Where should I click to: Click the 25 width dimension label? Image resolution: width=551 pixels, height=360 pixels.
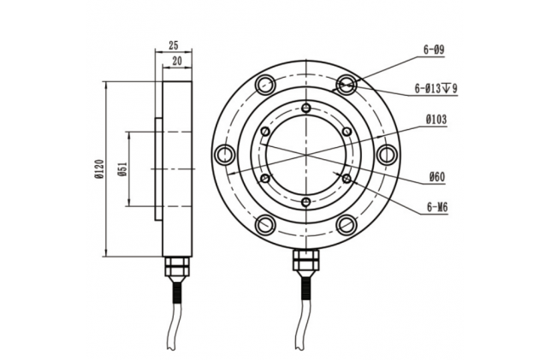point(174,45)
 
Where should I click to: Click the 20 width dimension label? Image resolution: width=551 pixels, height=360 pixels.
point(177,61)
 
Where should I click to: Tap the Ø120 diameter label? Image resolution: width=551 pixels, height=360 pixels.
point(99,169)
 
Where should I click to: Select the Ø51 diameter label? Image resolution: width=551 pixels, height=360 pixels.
point(122,169)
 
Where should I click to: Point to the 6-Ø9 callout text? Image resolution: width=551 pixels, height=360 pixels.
point(434,50)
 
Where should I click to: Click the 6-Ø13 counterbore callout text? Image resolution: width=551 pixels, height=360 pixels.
point(435,89)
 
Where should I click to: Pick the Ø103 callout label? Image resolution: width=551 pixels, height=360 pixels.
point(436,120)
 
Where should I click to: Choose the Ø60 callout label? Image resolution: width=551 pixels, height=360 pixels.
point(437,177)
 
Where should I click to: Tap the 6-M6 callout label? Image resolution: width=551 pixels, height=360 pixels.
point(437,208)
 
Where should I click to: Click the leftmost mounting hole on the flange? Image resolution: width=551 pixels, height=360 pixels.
point(224,155)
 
